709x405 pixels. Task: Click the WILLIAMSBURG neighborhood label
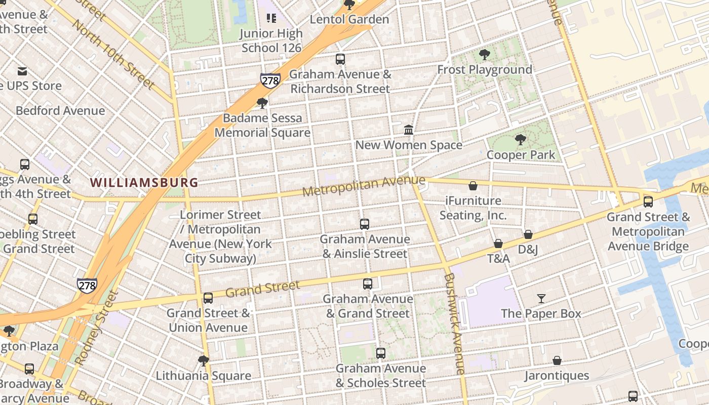tap(144, 182)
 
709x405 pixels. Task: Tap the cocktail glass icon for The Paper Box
tap(541, 299)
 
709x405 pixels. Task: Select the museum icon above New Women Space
tap(409, 130)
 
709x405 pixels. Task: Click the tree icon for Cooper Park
tap(520, 140)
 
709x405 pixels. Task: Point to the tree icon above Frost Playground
tap(485, 55)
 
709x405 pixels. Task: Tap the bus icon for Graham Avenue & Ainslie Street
tap(364, 224)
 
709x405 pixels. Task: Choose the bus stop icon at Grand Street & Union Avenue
tap(208, 298)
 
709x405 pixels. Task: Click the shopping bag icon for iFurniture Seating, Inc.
tap(473, 186)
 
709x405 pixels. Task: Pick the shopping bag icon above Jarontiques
tap(557, 360)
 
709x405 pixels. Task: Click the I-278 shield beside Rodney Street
tap(87, 286)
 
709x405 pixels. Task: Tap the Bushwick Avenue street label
tap(454, 324)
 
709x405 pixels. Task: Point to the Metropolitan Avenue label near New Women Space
tap(364, 186)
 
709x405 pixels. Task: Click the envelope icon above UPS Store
tap(22, 71)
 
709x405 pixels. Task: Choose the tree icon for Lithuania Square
tap(204, 361)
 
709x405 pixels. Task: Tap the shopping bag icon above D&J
tap(528, 234)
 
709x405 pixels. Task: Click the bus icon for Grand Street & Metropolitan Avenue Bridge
tap(648, 202)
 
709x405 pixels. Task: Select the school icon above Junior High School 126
tap(271, 19)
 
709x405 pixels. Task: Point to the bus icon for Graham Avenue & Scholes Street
tap(381, 353)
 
